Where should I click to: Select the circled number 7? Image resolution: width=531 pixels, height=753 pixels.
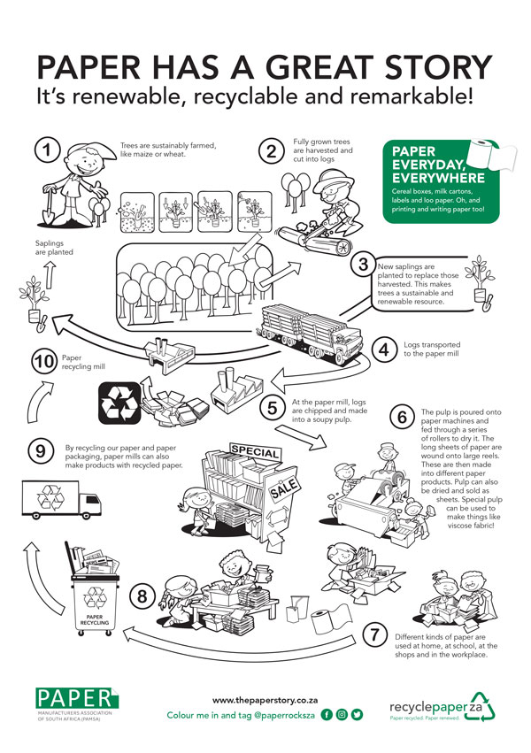(376, 634)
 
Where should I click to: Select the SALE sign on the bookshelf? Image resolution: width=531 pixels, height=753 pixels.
(284, 488)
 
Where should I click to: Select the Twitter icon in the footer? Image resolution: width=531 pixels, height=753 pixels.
(358, 714)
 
